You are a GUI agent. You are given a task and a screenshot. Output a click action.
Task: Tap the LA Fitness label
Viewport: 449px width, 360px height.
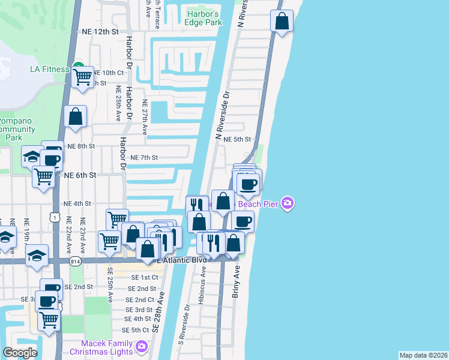(x=50, y=69)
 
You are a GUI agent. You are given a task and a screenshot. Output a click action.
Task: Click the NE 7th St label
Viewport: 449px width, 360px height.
(x=144, y=158)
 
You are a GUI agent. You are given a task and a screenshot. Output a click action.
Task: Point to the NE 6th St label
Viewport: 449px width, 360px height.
(x=81, y=175)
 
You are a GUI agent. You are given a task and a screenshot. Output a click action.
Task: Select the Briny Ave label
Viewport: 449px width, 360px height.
(x=236, y=282)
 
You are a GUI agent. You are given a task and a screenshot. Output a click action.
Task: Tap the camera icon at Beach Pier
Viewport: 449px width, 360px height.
(x=288, y=204)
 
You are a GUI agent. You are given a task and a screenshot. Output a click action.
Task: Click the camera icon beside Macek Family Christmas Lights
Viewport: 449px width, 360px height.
(x=141, y=346)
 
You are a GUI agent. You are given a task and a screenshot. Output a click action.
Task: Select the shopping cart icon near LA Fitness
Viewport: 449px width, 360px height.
(x=82, y=77)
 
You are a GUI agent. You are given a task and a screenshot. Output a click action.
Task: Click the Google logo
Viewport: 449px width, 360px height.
(x=20, y=353)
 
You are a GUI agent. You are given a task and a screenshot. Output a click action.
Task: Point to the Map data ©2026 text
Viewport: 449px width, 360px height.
(x=423, y=355)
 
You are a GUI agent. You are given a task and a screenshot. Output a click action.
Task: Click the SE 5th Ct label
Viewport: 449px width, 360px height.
(x=135, y=331)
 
